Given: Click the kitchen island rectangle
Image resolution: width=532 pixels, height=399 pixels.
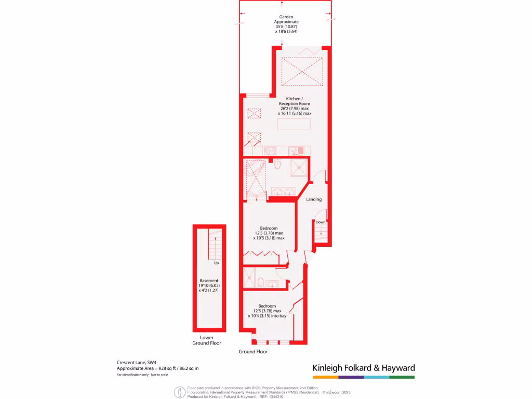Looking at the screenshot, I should [x=294, y=124].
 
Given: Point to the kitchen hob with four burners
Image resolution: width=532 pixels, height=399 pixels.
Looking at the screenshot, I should [x=270, y=151].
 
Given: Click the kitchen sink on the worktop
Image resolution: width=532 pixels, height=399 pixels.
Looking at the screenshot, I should [x=300, y=151].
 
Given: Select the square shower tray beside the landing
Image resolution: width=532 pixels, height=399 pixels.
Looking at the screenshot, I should [x=299, y=167].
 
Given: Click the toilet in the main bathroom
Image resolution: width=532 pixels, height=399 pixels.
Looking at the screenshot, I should [x=277, y=165].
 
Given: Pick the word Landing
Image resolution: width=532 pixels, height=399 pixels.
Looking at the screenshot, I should [x=314, y=199].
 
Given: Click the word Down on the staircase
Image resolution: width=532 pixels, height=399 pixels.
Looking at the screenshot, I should [x=321, y=222].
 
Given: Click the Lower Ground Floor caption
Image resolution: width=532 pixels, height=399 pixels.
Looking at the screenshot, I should [x=207, y=340].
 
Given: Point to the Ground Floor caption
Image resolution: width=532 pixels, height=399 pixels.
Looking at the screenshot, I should [x=253, y=352].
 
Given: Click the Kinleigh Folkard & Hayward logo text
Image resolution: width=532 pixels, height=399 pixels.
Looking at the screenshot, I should [x=363, y=368].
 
